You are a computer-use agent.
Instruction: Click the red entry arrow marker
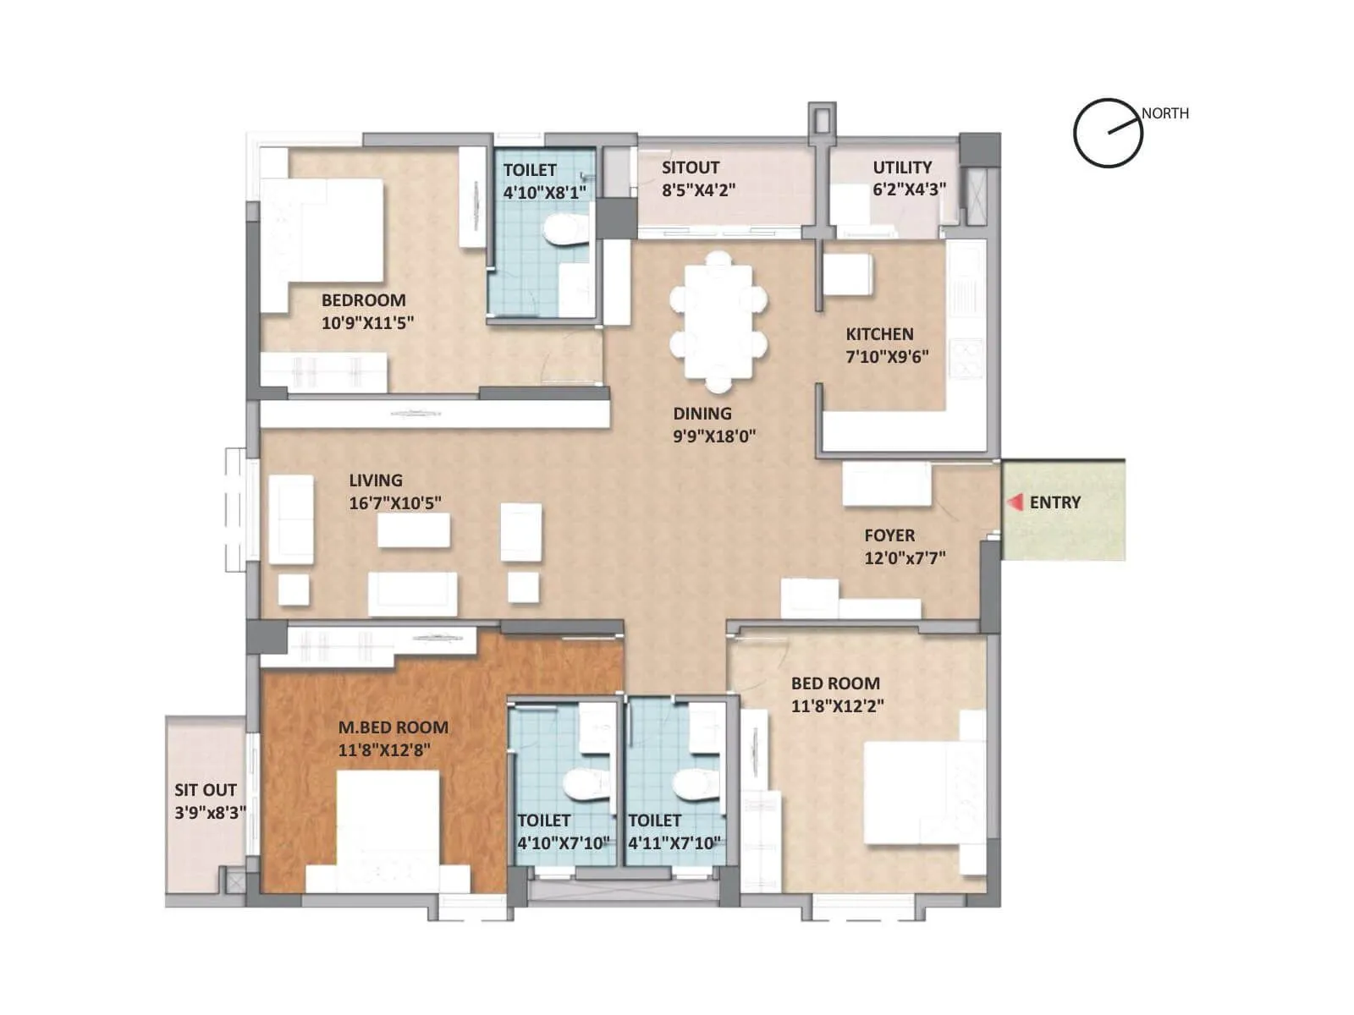point(1015,502)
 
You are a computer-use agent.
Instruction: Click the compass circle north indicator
point(1108,134)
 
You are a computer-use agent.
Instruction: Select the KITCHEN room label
point(879,334)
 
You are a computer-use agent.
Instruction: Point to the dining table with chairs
point(718,321)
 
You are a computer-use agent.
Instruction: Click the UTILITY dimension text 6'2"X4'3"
point(909,189)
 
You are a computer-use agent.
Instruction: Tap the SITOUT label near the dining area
point(691,167)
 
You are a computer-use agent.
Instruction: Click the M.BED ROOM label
point(394,727)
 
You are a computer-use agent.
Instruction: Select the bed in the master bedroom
point(388,825)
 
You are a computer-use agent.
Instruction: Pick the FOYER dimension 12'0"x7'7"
point(905,558)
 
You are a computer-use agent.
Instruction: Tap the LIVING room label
point(376,480)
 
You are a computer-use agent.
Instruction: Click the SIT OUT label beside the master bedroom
point(206,790)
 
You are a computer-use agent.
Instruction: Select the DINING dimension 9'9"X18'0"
point(714,436)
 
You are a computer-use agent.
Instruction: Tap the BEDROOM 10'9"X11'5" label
point(363,300)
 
